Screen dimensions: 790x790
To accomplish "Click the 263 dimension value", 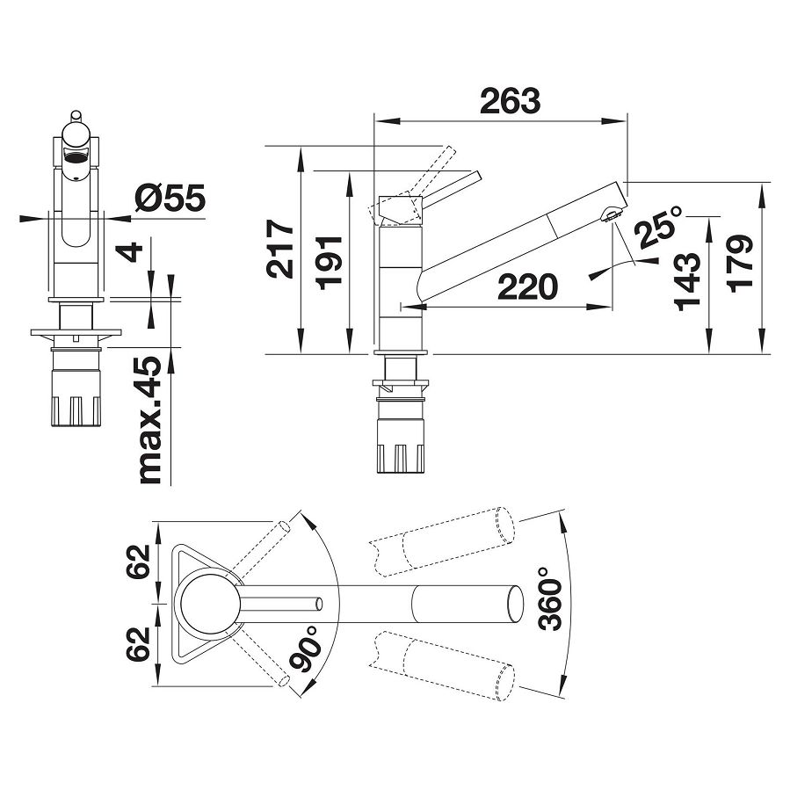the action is coord(510,101).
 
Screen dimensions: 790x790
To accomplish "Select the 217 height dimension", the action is coord(280,249).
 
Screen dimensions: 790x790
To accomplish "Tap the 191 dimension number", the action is coord(331,263).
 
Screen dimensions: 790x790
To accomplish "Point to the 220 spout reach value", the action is coord(527,286).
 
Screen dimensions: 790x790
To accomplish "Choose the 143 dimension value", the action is coord(688,281).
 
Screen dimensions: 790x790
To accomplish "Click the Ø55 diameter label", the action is coord(170,197).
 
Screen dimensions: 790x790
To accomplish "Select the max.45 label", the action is coord(149,420).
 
